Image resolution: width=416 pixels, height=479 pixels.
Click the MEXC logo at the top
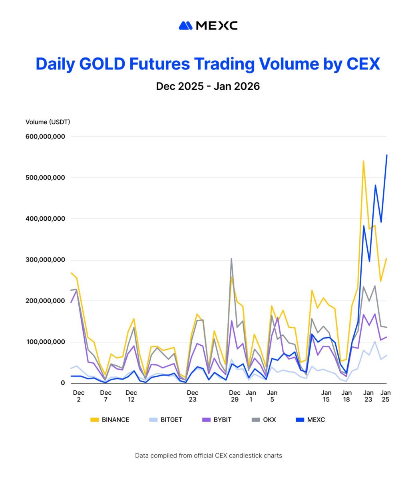(208, 26)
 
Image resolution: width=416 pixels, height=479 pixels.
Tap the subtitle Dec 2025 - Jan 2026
(208, 86)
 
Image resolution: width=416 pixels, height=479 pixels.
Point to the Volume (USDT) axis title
(48, 122)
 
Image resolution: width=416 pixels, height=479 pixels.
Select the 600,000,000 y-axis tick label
(45, 137)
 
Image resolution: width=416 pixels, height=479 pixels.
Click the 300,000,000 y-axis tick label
(45, 260)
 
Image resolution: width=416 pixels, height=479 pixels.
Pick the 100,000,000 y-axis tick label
(45, 342)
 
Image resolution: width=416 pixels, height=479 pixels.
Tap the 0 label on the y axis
(63, 383)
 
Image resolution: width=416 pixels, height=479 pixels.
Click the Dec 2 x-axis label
(79, 396)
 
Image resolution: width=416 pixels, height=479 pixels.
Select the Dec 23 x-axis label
(193, 396)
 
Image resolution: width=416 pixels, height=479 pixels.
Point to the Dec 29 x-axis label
(235, 396)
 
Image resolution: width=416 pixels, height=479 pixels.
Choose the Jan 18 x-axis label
(346, 396)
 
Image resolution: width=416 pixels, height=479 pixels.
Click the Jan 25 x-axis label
(386, 396)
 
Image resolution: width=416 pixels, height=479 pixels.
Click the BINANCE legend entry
(110, 420)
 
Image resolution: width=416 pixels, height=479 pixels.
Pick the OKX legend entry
(264, 420)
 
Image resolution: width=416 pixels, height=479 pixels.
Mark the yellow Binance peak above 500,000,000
(363, 161)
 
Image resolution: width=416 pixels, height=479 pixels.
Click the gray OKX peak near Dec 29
(231, 259)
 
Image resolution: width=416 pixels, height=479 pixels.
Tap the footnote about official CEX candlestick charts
(208, 455)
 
